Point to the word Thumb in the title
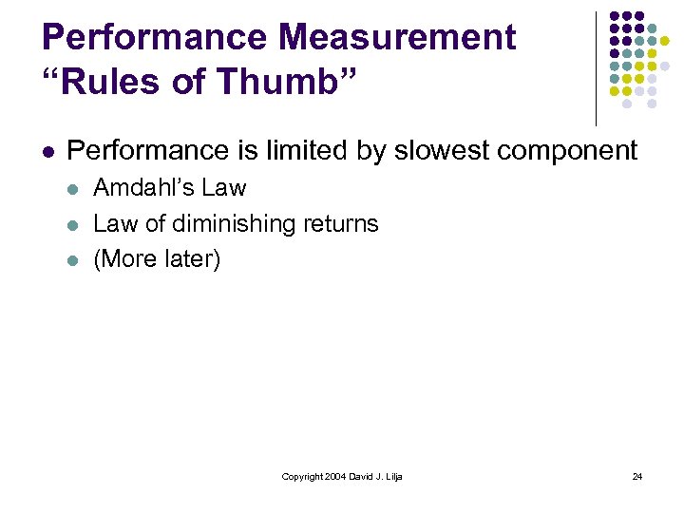284,84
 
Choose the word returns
341,224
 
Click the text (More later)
157,259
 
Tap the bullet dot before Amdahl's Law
73,189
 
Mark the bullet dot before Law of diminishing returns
73,225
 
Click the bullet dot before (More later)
73,260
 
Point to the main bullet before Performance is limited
47,151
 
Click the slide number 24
637,476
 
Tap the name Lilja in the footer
392,476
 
